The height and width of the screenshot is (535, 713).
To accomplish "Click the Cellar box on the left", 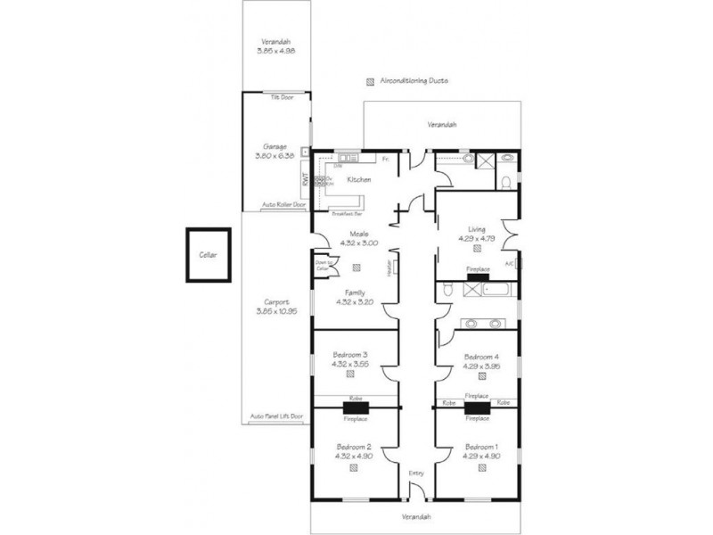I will (209, 255).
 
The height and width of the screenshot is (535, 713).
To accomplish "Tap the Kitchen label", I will (358, 180).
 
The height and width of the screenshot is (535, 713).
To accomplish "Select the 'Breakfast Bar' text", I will (347, 214).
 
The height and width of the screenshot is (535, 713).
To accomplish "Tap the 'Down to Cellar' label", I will (323, 265).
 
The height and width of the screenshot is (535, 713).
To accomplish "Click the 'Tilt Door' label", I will (283, 96).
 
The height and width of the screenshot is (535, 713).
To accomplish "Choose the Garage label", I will (274, 147).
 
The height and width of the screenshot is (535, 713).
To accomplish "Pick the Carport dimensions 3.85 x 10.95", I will (275, 311).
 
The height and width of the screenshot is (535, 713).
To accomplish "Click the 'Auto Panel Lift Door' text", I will (277, 416).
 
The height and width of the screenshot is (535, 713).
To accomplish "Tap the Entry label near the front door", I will (417, 474).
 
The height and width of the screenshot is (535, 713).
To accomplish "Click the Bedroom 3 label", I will (349, 355).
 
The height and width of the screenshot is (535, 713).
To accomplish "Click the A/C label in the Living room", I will (509, 264).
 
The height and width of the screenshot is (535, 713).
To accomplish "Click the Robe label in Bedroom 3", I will (354, 399).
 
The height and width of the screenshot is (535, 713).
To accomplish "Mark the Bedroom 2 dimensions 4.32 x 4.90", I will (353, 456).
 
